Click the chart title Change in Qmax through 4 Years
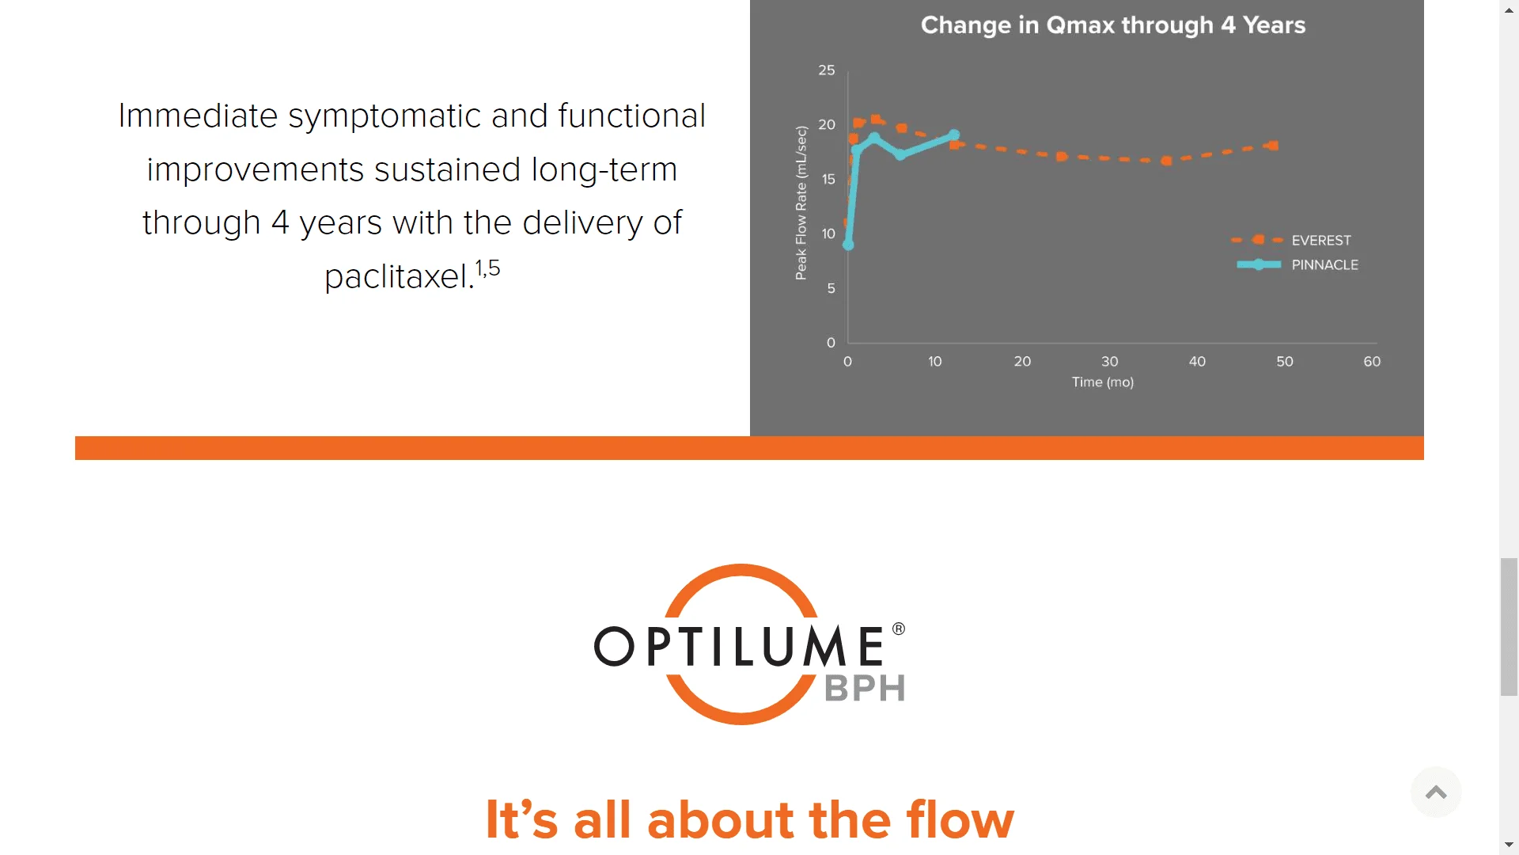tap(1112, 25)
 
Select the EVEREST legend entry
tap(1320, 240)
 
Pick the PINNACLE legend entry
tap(1324, 264)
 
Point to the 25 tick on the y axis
tap(826, 70)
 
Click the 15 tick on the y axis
tap(828, 180)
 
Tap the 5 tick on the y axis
tap(831, 289)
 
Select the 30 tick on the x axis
tap(1109, 362)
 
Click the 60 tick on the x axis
tap(1371, 362)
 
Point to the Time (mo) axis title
tap(1102, 382)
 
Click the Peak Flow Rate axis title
tap(801, 203)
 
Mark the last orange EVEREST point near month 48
tap(1273, 146)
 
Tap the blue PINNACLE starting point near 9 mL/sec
tap(848, 245)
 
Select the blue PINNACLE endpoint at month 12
tap(954, 135)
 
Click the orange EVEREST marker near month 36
tap(1166, 161)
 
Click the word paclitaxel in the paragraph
tap(399, 277)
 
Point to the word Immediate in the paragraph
tap(198, 116)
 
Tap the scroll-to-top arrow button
tap(1435, 792)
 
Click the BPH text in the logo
tap(865, 689)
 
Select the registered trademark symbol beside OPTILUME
tap(899, 629)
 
